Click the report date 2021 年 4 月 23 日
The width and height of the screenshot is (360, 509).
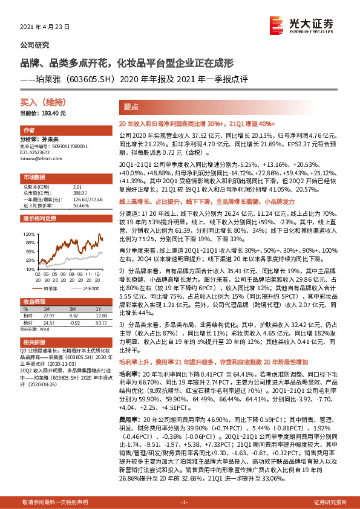tap(45, 27)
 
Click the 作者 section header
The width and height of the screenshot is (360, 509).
tap(28, 131)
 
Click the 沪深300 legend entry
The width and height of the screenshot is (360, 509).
tap(90, 288)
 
